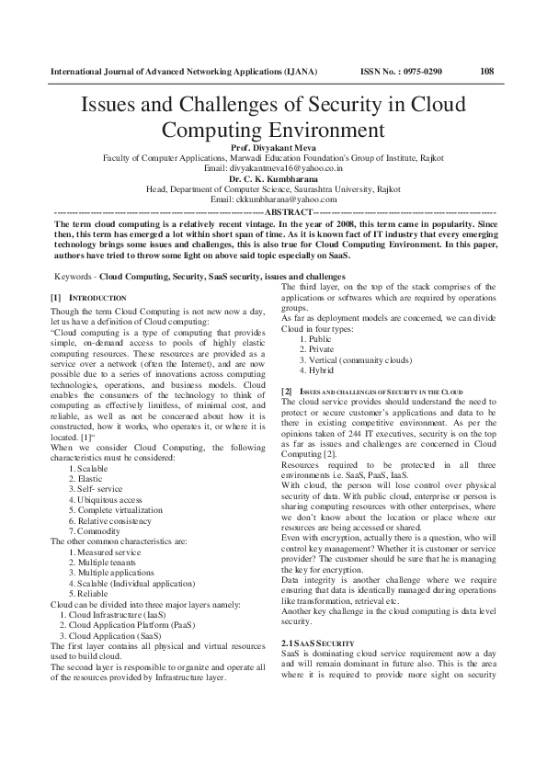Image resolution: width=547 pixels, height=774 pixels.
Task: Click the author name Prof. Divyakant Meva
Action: (273, 147)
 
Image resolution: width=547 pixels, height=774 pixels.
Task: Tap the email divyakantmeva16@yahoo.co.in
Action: (273, 168)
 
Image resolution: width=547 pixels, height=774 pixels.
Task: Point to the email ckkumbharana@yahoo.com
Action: (273, 199)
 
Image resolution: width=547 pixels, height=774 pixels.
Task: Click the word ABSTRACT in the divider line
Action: (289, 211)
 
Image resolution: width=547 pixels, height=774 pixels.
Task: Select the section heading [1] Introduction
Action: (87, 299)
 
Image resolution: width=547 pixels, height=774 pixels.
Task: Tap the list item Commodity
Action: (98, 530)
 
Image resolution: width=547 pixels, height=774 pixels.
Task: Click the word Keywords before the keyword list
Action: (74, 275)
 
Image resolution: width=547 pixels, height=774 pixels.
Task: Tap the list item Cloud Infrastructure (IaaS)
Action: (109, 612)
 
